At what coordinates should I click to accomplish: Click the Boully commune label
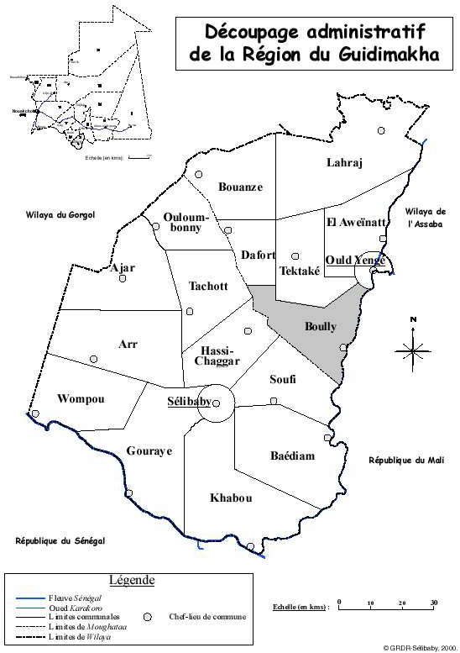click(321, 327)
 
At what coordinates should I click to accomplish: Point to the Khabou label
click(231, 498)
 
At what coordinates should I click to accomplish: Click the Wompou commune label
click(81, 399)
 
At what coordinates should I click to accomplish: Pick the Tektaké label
click(298, 271)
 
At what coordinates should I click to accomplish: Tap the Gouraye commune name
click(149, 451)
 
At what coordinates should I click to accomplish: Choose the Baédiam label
click(292, 456)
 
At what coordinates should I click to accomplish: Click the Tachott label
click(207, 286)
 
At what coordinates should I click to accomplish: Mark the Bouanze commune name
click(240, 187)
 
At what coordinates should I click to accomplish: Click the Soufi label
click(283, 380)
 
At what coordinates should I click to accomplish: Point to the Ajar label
click(123, 268)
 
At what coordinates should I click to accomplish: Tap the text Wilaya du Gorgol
click(60, 215)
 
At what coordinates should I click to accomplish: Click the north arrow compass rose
click(413, 349)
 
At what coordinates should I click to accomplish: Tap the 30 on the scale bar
click(434, 603)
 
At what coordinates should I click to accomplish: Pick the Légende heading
click(132, 580)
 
